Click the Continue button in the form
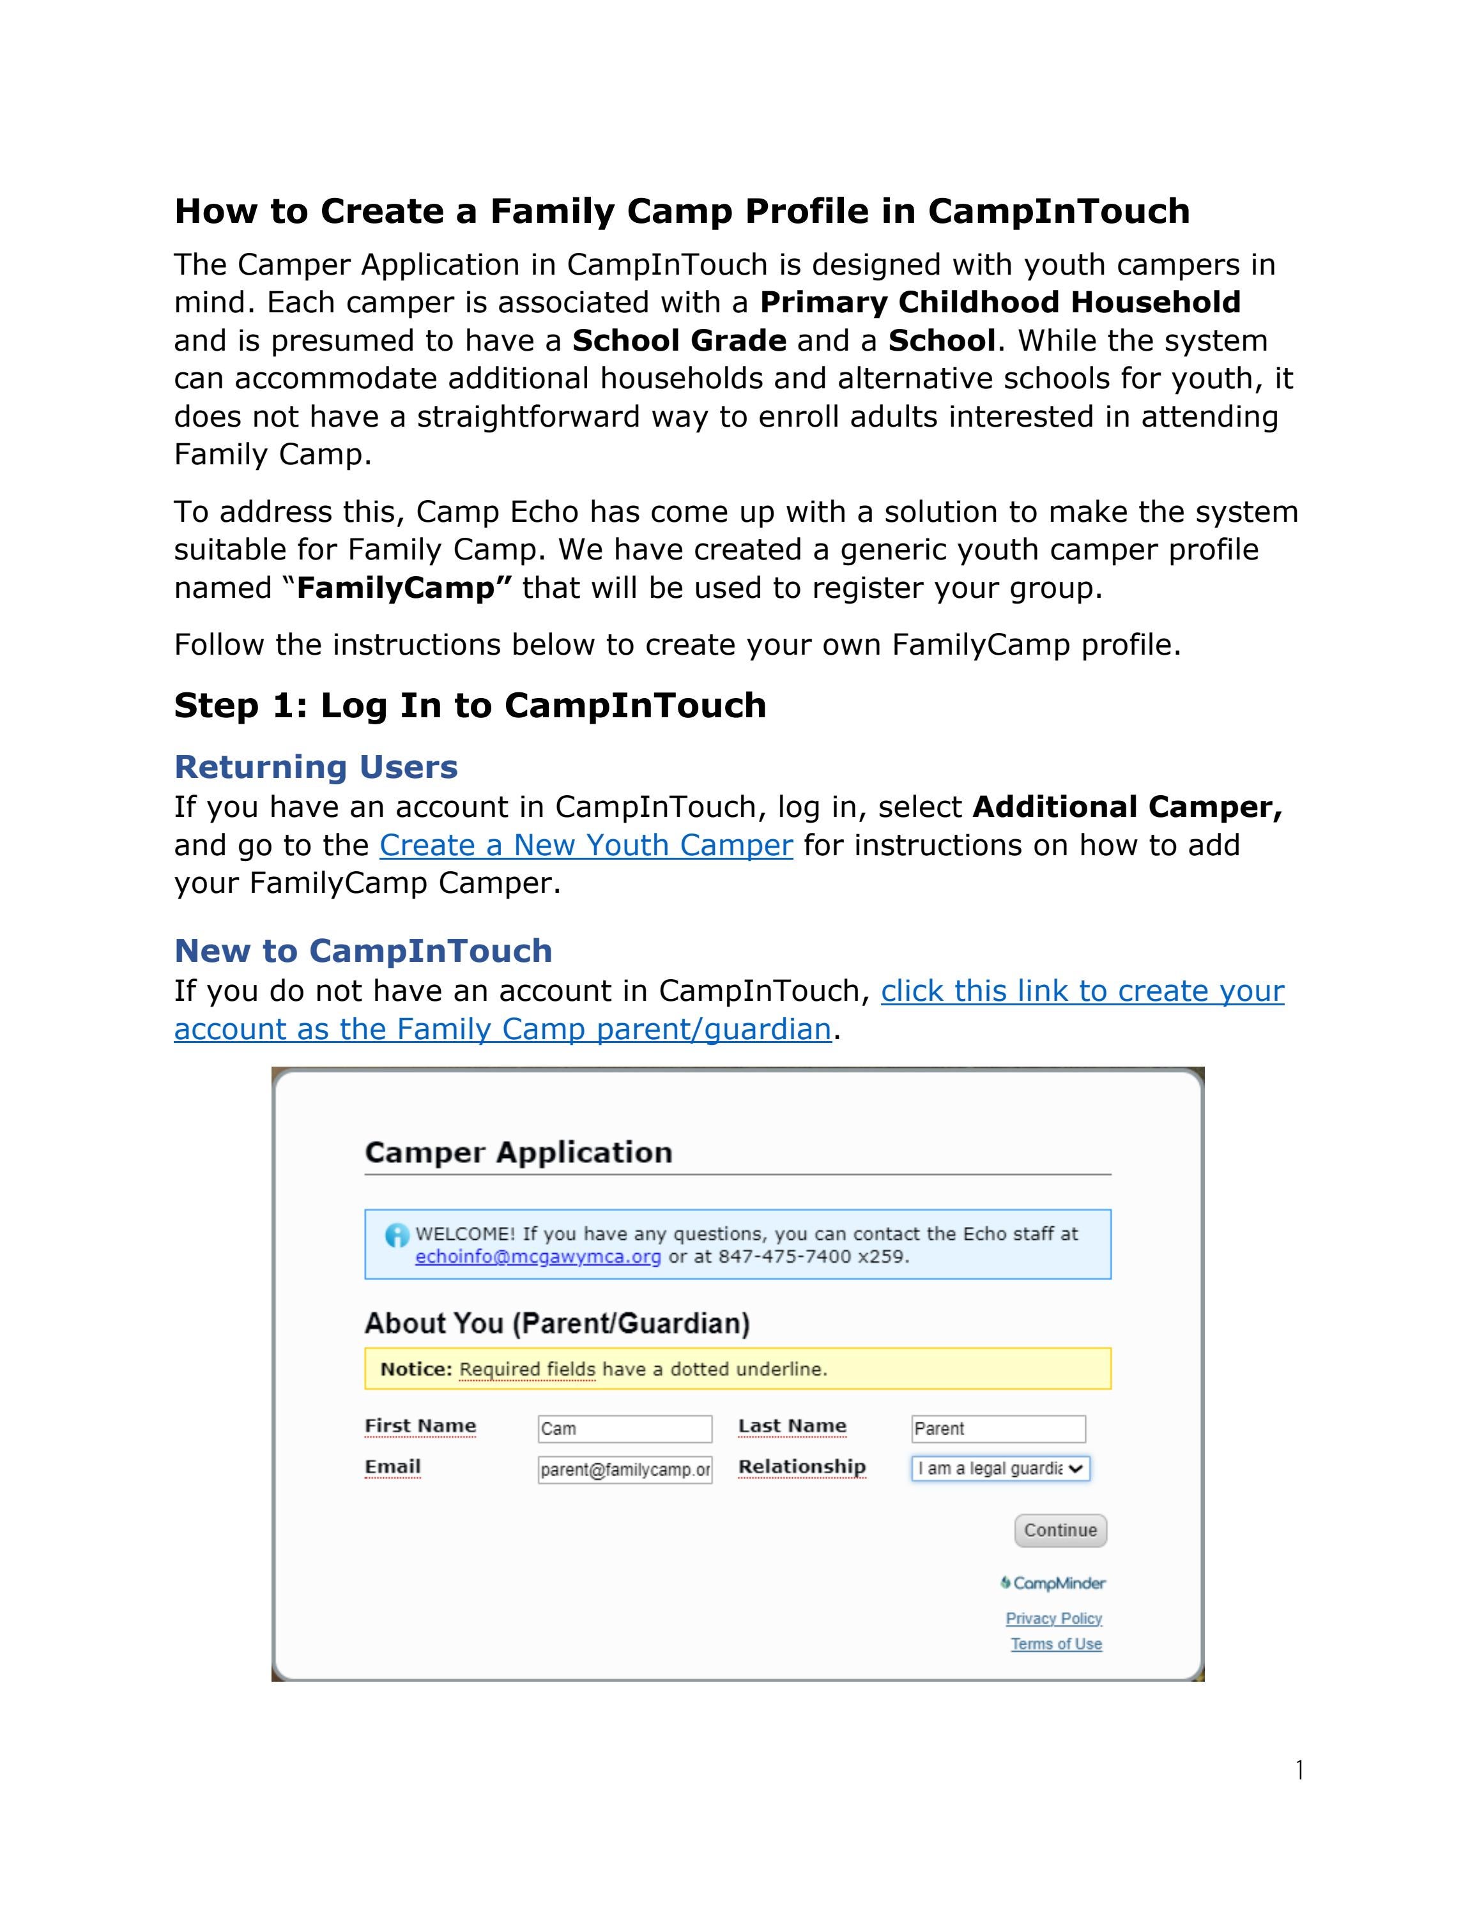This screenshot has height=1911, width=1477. click(x=1060, y=1530)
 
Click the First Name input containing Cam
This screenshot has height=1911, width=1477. click(x=625, y=1429)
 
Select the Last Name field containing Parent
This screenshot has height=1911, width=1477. click(x=997, y=1429)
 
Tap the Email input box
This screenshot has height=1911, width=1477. click(x=625, y=1470)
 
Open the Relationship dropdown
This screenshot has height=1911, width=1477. click(x=1000, y=1469)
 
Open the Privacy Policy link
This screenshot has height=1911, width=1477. click(x=1053, y=1618)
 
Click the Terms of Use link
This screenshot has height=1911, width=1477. click(x=1056, y=1644)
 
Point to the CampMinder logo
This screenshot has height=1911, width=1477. click(x=1053, y=1583)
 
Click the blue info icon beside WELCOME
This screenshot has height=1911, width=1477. click(x=396, y=1235)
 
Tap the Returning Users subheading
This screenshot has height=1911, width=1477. click(x=316, y=766)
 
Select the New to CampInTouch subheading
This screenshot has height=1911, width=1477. click(x=363, y=950)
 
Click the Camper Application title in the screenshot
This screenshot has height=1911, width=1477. click(x=518, y=1152)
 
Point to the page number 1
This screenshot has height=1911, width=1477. click(x=1299, y=1770)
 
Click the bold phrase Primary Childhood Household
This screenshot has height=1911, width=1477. click(x=1000, y=302)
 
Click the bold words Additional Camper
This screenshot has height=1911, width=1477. click(x=1127, y=807)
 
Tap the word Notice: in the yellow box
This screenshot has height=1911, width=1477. click(x=416, y=1369)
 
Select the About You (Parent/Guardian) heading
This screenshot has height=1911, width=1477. click(x=557, y=1323)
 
